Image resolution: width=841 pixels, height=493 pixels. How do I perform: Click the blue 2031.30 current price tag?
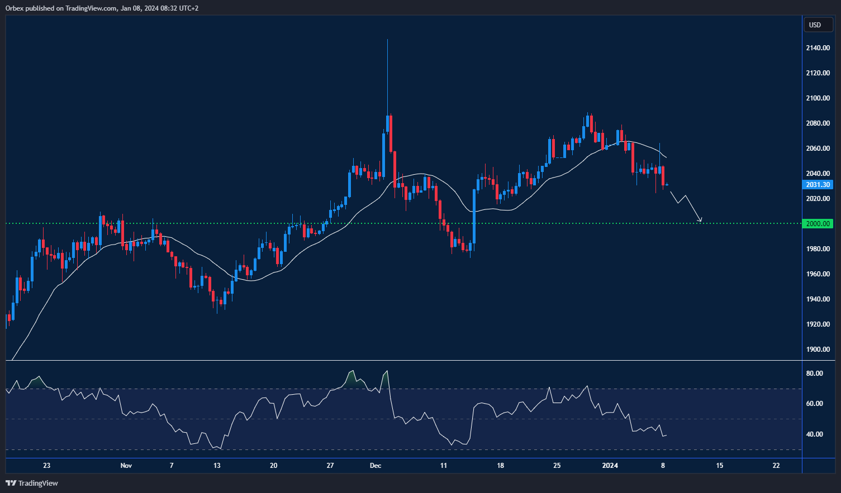tap(818, 185)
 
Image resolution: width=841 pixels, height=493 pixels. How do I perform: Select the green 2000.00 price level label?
tap(818, 224)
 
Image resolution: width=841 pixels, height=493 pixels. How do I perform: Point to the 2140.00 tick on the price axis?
tap(818, 48)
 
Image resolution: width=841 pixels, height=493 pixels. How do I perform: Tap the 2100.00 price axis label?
tap(818, 98)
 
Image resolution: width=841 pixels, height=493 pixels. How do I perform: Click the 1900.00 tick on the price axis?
tap(818, 350)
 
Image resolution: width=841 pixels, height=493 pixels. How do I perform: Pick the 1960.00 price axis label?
tap(818, 274)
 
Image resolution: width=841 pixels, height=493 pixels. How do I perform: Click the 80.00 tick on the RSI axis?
tap(814, 374)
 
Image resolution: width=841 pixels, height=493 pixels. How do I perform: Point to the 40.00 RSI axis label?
tap(814, 434)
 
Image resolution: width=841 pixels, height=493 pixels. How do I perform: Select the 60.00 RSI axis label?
tap(814, 404)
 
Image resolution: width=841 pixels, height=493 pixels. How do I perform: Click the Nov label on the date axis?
tap(126, 466)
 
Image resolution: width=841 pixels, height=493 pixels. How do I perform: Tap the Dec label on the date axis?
tap(376, 466)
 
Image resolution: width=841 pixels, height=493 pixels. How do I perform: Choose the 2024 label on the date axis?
tap(610, 466)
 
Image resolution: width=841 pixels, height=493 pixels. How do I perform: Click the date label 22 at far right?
tap(776, 466)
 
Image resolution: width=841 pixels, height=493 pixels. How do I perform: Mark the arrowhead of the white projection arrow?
tap(700, 221)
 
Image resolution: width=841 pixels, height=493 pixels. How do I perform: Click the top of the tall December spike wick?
tap(387, 40)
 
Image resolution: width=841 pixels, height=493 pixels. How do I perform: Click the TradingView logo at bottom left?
tap(32, 483)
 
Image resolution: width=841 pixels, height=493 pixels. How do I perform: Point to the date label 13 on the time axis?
tap(217, 466)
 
